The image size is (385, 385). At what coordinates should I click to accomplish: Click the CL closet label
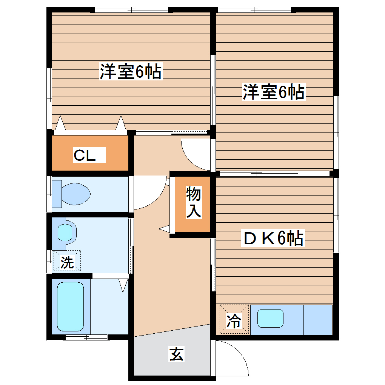pyautogui.click(x=85, y=155)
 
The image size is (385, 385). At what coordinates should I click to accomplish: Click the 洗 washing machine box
pyautogui.click(x=67, y=261)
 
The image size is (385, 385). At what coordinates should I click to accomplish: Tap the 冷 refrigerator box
pyautogui.click(x=234, y=319)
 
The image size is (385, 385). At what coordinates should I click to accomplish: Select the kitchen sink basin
pyautogui.click(x=270, y=318)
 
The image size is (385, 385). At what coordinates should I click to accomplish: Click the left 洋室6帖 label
pyautogui.click(x=131, y=72)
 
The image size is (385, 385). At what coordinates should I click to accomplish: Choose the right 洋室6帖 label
pyautogui.click(x=273, y=92)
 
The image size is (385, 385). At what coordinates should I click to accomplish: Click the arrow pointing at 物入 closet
pyautogui.click(x=165, y=228)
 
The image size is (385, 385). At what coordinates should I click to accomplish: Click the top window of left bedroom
pyautogui.click(x=131, y=10)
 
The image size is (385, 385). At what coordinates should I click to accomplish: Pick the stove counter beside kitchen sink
pyautogui.click(x=318, y=319)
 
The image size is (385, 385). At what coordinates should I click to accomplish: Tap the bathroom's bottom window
pyautogui.click(x=86, y=337)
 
